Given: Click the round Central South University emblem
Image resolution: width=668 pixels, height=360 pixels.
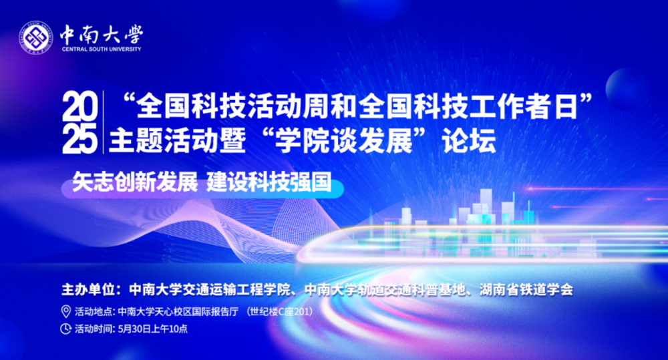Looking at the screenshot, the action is [x=36, y=38].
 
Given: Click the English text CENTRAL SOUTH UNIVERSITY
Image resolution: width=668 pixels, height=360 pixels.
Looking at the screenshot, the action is [x=102, y=49].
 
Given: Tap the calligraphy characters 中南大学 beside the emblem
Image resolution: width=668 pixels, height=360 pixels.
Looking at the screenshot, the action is [x=102, y=34].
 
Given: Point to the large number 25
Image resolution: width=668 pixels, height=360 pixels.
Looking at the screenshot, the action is [x=79, y=139].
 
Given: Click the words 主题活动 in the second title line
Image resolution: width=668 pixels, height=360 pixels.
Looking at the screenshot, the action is [x=164, y=140].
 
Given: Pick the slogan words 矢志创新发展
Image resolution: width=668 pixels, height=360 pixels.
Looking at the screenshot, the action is [x=135, y=182].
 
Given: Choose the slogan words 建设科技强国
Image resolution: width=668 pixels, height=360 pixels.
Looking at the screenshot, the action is [x=269, y=182].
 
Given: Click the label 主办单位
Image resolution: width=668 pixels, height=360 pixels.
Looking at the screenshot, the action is [x=88, y=290].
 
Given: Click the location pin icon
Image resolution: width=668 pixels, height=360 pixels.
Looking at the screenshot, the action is [x=65, y=311].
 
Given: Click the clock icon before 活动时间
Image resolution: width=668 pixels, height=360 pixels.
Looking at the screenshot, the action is [x=65, y=329].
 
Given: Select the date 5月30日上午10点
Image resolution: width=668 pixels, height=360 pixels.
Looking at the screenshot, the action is [x=153, y=329].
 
